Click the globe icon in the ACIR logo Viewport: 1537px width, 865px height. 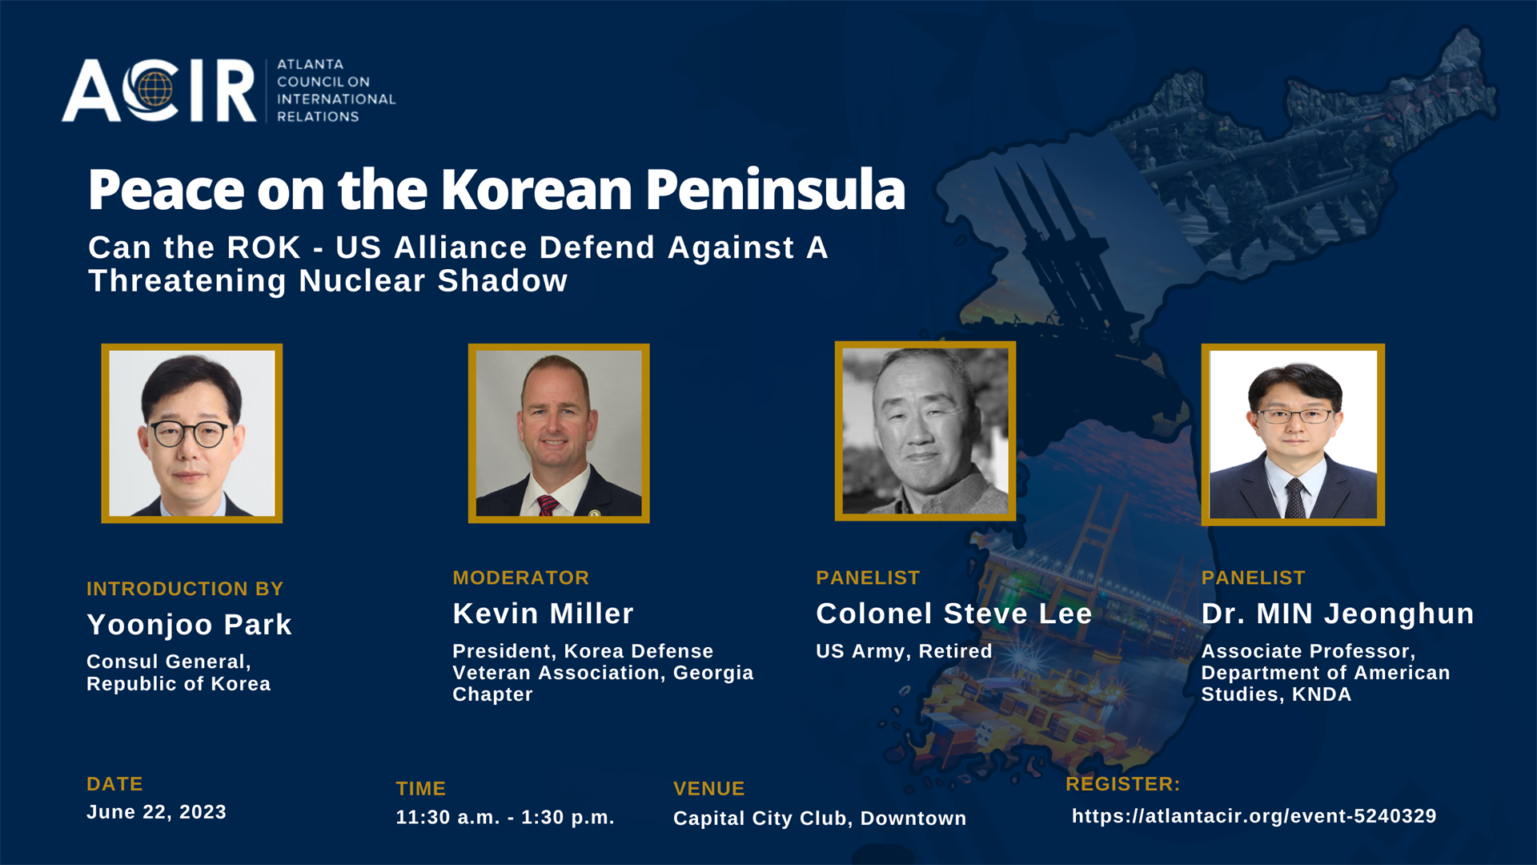click(x=154, y=89)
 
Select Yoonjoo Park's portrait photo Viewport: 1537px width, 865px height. click(x=192, y=433)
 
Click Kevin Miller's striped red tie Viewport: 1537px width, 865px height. click(x=548, y=505)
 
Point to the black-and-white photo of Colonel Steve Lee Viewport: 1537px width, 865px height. click(x=925, y=431)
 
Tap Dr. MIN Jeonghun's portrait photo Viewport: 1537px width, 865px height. click(x=1293, y=434)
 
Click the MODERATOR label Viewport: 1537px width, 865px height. click(x=521, y=577)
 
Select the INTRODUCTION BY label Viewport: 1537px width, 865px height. click(x=185, y=589)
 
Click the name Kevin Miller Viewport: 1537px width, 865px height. click(x=543, y=614)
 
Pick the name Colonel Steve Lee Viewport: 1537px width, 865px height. click(x=954, y=614)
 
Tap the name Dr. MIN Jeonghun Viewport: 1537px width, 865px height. click(x=1338, y=614)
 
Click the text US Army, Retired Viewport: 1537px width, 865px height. click(x=904, y=651)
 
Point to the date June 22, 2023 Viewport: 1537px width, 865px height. click(x=156, y=812)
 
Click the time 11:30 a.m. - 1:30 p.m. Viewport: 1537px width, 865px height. click(x=505, y=817)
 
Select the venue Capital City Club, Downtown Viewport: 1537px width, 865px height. click(x=820, y=818)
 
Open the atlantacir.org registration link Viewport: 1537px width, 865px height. click(x=1254, y=815)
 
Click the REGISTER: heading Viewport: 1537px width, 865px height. click(x=1123, y=784)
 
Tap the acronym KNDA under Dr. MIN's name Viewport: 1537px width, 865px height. click(x=1322, y=694)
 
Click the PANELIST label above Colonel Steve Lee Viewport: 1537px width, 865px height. click(x=868, y=577)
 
